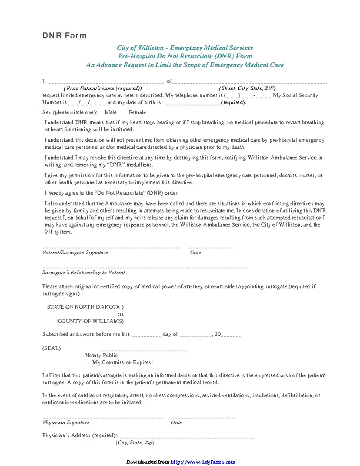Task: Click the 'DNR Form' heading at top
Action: [64, 36]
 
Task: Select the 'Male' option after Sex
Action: [111, 112]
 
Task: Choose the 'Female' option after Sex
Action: [137, 112]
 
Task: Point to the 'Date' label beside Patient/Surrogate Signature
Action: [196, 252]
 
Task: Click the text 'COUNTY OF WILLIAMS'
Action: [89, 321]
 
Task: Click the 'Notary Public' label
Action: [102, 355]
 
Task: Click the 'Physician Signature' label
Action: [66, 422]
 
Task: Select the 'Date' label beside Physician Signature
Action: [176, 422]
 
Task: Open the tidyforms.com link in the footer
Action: [196, 461]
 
